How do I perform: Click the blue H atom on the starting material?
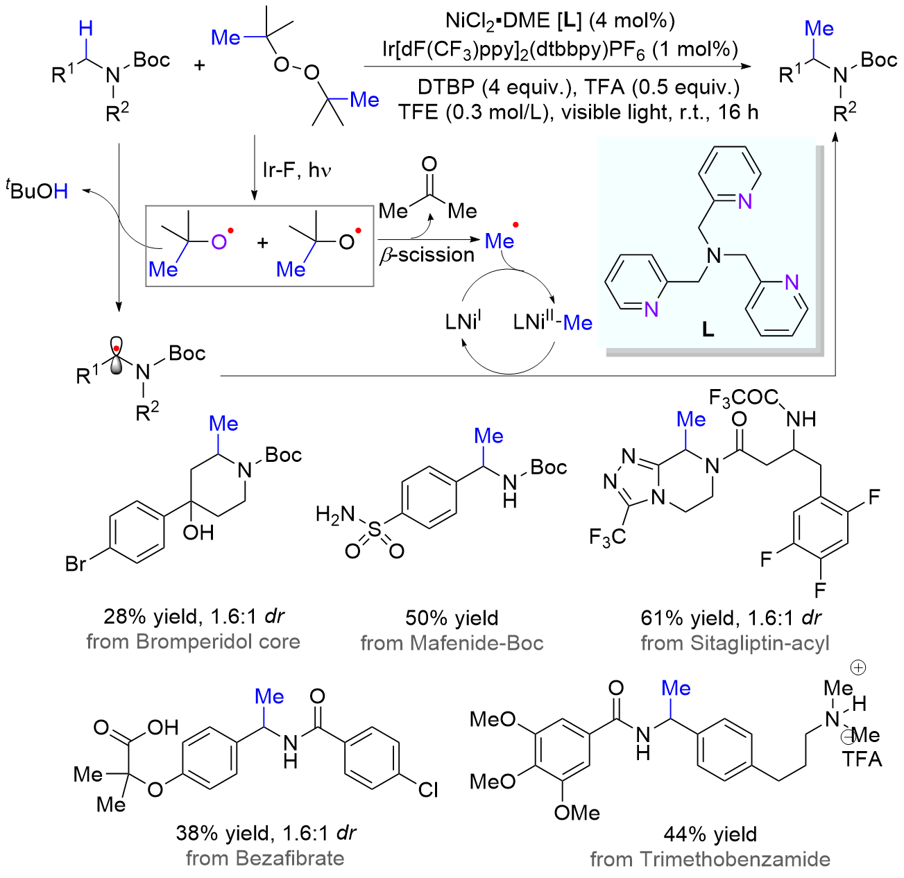[86, 29]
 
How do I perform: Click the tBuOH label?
[38, 190]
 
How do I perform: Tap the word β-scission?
[427, 255]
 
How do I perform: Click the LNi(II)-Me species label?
[552, 322]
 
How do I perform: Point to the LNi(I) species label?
[463, 322]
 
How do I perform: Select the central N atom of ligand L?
[713, 255]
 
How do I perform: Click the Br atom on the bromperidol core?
[76, 563]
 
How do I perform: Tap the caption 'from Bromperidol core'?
[193, 642]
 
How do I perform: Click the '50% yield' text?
[452, 618]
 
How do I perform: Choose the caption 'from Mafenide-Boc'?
[452, 643]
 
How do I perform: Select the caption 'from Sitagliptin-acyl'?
[735, 643]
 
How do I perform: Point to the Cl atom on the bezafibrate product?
[428, 789]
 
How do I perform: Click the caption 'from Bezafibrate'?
[265, 859]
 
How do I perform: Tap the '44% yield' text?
[710, 834]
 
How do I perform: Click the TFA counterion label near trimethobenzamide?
[862, 759]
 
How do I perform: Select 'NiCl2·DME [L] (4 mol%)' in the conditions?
[560, 21]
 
